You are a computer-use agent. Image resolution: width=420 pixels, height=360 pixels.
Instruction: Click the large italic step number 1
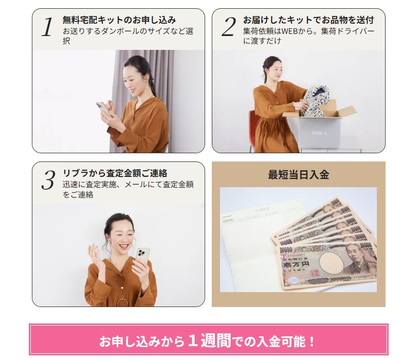pyautogui.click(x=47, y=27)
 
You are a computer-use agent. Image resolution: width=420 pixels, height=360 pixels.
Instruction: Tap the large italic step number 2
pyautogui.click(x=229, y=27)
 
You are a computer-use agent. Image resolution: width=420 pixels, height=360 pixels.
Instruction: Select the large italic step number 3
pyautogui.click(x=48, y=180)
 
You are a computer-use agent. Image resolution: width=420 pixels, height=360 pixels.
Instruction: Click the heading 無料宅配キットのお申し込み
pyautogui.click(x=119, y=20)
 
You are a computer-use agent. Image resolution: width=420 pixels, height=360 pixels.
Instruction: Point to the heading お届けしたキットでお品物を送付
pyautogui.click(x=308, y=20)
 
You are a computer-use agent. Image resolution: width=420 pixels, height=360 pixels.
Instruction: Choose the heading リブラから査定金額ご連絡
pyautogui.click(x=115, y=173)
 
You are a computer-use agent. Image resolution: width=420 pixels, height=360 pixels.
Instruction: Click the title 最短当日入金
pyautogui.click(x=298, y=175)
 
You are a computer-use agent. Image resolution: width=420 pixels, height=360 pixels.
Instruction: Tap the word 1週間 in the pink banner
pyautogui.click(x=209, y=340)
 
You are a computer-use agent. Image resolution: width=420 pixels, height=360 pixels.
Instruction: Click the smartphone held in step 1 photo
pyautogui.click(x=103, y=109)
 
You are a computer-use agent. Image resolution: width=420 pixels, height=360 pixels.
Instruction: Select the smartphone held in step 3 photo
pyautogui.click(x=142, y=257)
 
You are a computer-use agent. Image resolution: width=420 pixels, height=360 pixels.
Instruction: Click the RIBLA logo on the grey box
pyautogui.click(x=319, y=133)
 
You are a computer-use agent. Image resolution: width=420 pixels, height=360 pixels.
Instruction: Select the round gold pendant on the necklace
pyautogui.click(x=122, y=302)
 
